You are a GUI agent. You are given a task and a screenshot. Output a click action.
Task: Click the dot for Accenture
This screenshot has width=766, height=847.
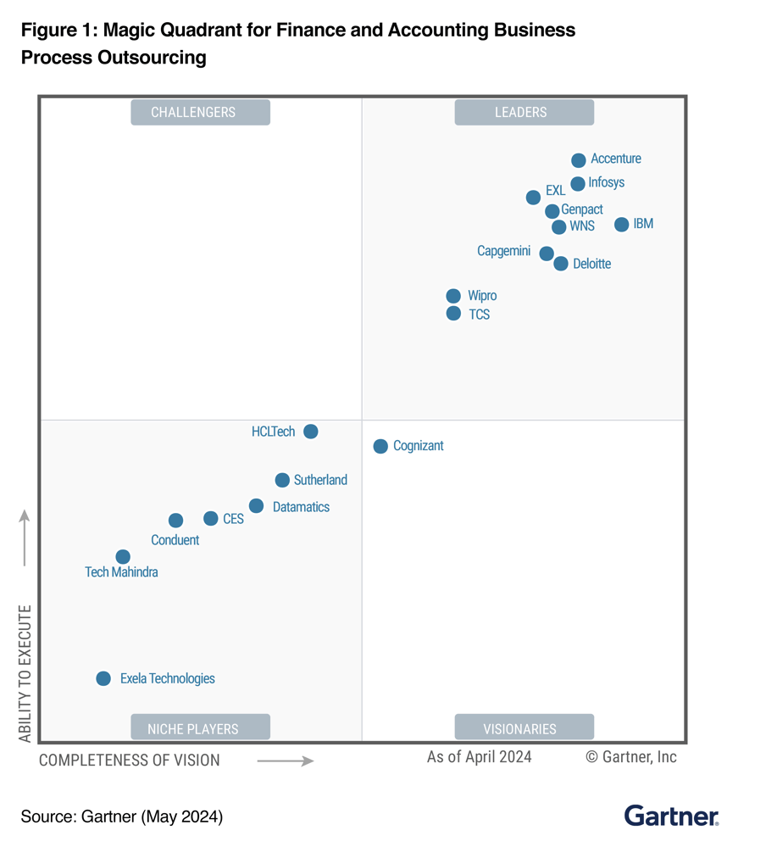[x=578, y=160]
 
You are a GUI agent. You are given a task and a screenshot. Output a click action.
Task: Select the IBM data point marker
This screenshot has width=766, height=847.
[x=621, y=225]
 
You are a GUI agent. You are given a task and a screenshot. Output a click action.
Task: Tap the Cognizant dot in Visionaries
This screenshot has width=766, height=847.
[x=380, y=446]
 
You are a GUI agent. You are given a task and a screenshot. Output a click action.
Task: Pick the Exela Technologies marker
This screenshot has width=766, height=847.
[x=103, y=678]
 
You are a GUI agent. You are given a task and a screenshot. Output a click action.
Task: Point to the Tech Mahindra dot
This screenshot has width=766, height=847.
[x=123, y=557]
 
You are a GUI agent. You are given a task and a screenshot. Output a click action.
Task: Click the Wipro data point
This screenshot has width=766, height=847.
[x=453, y=296]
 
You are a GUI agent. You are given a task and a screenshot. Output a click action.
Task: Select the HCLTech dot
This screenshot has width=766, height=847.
[x=311, y=432]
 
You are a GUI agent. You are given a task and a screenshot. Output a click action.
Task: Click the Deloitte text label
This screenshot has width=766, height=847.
[x=591, y=264]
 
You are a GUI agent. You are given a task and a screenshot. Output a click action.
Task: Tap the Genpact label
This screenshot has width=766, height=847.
[x=582, y=209]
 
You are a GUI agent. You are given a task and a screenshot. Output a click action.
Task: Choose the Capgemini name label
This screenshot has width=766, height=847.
[x=503, y=251]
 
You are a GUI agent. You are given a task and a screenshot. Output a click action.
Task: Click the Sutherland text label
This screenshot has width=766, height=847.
[x=320, y=480]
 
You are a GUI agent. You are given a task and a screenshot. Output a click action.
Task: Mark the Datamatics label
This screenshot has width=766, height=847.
[x=301, y=507]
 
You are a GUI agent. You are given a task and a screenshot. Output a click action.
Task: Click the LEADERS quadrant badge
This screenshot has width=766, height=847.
[x=524, y=112]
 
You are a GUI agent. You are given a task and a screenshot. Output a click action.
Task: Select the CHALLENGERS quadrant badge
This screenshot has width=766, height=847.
[x=200, y=112]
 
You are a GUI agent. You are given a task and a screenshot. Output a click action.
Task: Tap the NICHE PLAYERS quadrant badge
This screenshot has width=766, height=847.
[x=200, y=728]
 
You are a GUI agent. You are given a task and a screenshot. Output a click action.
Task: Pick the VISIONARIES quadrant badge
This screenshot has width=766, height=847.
[x=524, y=728]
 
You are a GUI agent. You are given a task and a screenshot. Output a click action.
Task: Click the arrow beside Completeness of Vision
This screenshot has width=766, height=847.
[x=285, y=761]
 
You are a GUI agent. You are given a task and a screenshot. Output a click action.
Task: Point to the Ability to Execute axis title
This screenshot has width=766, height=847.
[x=25, y=673]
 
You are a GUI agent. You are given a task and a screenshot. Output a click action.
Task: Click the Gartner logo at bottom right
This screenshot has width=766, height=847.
[x=671, y=816]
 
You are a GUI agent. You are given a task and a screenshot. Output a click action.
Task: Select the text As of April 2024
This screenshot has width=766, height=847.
[x=479, y=756]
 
